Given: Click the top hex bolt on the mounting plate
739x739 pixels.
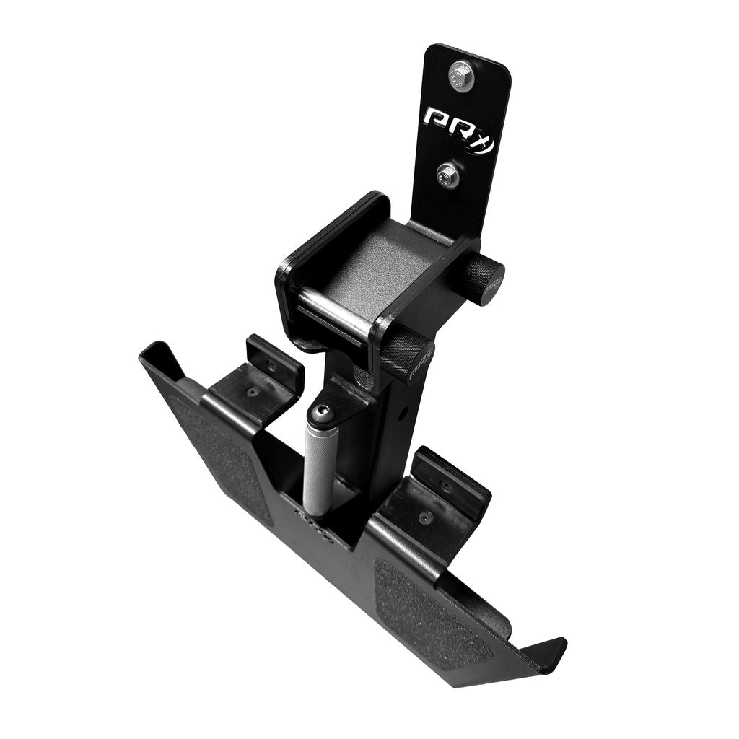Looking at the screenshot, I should coord(460,74).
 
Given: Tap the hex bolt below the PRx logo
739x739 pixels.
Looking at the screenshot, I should coord(448,174).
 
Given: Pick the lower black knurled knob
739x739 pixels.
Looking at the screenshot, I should coord(408,354).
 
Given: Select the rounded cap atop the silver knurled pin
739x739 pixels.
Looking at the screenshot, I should coord(321,414).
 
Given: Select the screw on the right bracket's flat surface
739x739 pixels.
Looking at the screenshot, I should coord(426,517).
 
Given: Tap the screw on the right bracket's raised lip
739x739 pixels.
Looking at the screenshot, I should coord(447,486).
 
